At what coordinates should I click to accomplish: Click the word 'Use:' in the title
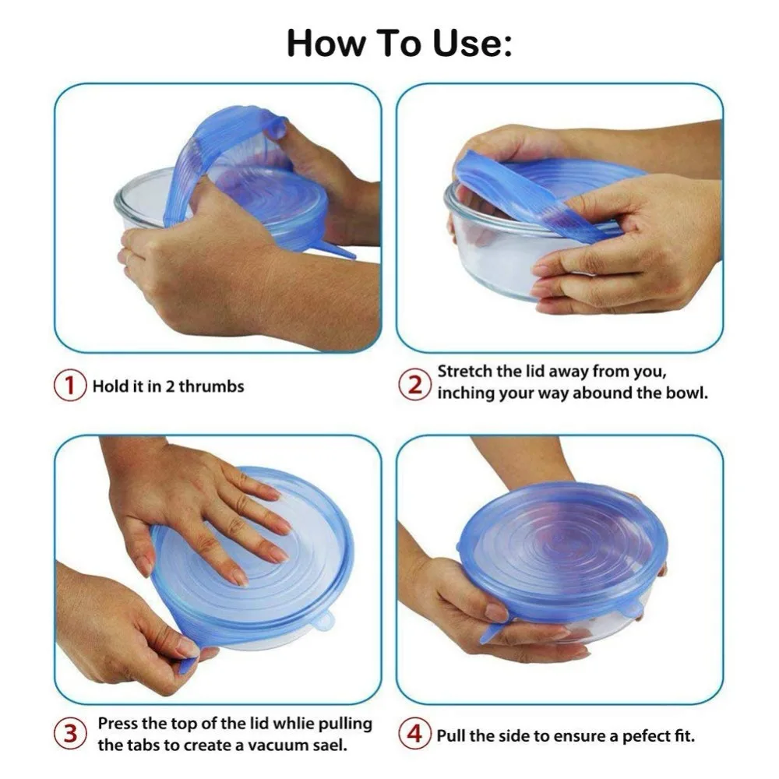[x=471, y=43]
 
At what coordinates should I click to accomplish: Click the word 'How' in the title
[x=326, y=43]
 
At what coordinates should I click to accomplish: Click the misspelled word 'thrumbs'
[x=211, y=386]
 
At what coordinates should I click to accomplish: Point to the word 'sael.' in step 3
[x=327, y=746]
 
